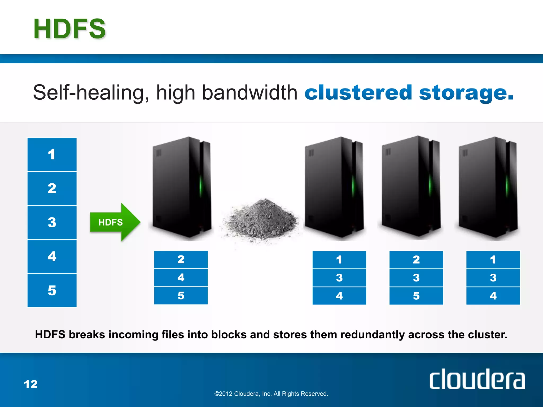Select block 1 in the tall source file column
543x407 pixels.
pos(52,154)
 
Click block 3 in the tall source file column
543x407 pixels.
pos(52,222)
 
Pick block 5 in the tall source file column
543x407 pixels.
pos(52,290)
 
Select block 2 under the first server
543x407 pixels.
pos(181,259)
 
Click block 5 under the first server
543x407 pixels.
pos(181,295)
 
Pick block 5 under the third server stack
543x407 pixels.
pos(416,296)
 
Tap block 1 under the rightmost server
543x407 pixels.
pos(493,260)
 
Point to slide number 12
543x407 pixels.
pos(31,384)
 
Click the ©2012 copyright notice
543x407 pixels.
pos(271,394)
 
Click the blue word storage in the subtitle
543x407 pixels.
pos(466,93)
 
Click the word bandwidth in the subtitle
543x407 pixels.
pos(249,93)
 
